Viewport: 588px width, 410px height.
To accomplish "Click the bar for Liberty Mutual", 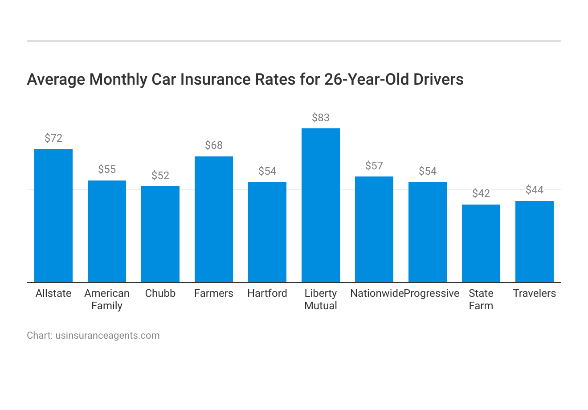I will (321, 205).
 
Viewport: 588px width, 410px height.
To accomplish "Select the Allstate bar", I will (53, 215).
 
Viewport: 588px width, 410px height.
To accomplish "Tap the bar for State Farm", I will (481, 243).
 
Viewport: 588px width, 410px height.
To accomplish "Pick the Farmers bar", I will (214, 219).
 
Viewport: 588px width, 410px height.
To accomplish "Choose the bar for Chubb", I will (160, 234).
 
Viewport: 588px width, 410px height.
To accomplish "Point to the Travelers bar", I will (535, 242).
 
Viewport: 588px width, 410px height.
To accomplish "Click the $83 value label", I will (321, 118).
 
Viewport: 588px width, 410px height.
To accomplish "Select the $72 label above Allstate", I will (53, 138).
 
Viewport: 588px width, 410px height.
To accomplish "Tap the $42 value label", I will (481, 193).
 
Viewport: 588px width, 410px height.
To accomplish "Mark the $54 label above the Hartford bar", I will (267, 171).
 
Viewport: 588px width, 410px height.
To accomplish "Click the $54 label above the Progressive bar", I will (428, 171).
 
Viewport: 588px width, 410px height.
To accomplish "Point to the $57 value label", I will (374, 166).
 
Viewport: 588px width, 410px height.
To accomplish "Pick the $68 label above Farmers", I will (214, 145).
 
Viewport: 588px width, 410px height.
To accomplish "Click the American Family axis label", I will (107, 299).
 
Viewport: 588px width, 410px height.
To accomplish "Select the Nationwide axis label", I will (376, 293).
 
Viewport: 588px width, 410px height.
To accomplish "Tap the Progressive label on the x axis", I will (432, 293).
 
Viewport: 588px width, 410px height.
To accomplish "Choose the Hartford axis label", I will (267, 293).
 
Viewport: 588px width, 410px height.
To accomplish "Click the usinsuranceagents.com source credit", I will (107, 336).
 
